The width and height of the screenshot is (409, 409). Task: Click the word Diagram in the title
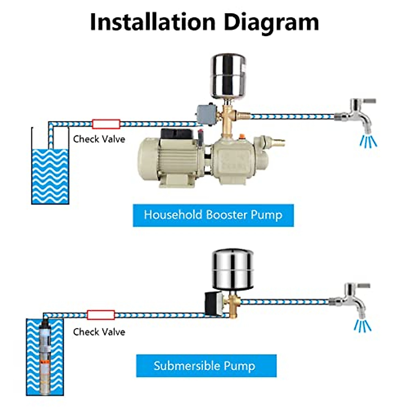click(271, 22)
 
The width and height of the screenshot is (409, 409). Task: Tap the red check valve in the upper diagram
click(106, 124)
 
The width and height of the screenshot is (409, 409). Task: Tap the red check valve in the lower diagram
click(101, 315)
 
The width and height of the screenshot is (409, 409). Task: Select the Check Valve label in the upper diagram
click(99, 139)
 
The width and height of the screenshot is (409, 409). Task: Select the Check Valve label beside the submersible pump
click(99, 332)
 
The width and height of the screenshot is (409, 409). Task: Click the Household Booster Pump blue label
click(213, 215)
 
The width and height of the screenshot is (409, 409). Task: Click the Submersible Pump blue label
click(206, 366)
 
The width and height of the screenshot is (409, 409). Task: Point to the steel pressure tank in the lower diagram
click(233, 269)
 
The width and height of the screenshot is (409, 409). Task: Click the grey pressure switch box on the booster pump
click(204, 115)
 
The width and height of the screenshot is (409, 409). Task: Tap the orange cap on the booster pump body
click(243, 137)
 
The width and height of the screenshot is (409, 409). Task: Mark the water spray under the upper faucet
click(368, 141)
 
